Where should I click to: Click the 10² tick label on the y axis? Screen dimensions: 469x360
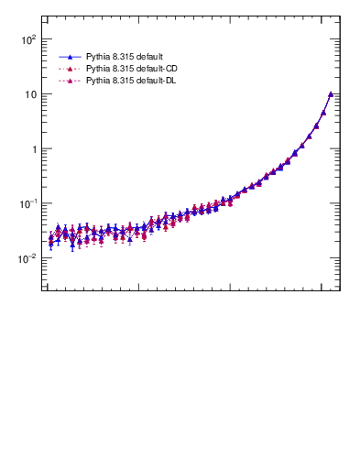tap(27, 39)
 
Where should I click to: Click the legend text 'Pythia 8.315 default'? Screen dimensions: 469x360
tap(125, 57)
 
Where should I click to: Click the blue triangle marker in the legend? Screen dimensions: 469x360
tap(70, 57)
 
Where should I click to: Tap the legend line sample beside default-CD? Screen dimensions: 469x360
tap(70, 69)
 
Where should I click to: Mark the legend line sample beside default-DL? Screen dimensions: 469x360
tap(70, 81)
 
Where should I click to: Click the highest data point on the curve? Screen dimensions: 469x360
tap(331, 93)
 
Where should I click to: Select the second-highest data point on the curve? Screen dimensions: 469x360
tap(323, 112)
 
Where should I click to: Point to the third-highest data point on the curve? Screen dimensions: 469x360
tap(316, 125)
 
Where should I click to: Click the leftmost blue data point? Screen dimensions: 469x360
tap(51, 243)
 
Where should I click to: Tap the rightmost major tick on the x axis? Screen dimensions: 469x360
tap(322, 289)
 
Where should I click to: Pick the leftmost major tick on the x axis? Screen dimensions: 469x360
tap(47, 289)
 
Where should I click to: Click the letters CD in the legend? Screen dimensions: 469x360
tap(170, 69)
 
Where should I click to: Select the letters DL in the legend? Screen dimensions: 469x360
tap(170, 81)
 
